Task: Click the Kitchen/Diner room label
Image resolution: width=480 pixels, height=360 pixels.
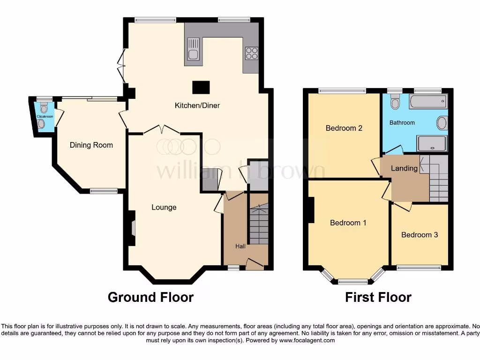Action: point(197,105)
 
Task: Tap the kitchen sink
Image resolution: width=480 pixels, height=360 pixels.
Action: point(193,50)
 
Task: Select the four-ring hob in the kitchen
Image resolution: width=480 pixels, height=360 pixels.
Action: point(251,53)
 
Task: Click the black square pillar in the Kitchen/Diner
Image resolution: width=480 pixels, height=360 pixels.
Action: point(201,87)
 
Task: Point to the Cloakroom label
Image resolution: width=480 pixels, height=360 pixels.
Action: point(45,116)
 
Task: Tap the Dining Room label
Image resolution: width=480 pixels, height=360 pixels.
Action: point(91,145)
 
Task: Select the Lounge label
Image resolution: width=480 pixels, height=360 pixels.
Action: point(164,207)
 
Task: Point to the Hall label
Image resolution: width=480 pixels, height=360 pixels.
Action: point(240,246)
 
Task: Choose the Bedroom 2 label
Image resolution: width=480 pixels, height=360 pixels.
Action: point(344,128)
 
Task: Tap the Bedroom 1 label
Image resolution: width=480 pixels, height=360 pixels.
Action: point(348,223)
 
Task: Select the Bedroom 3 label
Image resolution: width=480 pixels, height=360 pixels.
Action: point(420,234)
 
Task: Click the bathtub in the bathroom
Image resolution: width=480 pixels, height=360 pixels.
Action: point(427,101)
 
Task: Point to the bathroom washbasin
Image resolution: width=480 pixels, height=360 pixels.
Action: point(442,123)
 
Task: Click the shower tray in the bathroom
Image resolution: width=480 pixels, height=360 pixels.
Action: point(432,144)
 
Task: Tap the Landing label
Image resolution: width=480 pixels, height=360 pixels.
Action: point(404,168)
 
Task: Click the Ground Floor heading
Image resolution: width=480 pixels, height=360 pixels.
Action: point(150,297)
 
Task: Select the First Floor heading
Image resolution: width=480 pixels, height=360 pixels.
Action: point(378,297)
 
